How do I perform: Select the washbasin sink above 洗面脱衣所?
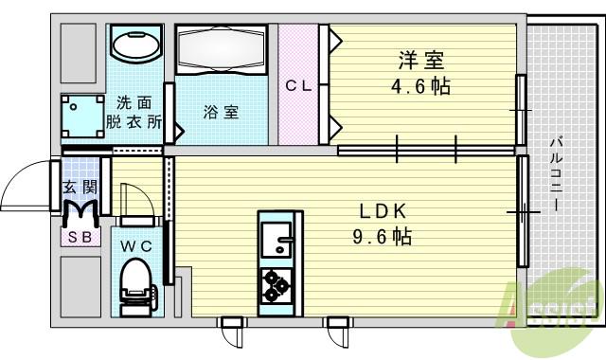coord(134,45)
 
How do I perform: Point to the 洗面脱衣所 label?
coord(134,112)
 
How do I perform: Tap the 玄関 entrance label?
coord(79,188)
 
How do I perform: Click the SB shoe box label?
coord(80,237)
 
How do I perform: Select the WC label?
coord(136,245)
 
